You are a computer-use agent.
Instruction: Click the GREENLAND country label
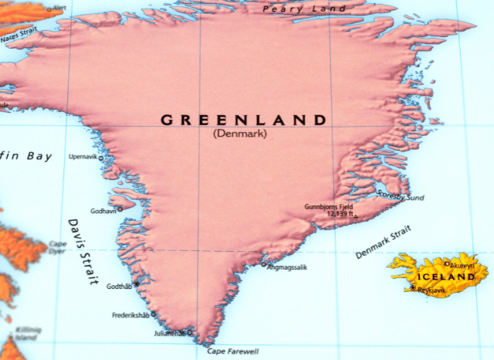pos(243,120)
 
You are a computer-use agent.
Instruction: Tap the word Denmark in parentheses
pos(239,134)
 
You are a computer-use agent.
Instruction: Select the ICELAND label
pos(445,277)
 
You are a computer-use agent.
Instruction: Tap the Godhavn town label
pos(103,210)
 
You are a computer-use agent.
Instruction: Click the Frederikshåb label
pos(130,315)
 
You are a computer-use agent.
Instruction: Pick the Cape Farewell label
pos(233,352)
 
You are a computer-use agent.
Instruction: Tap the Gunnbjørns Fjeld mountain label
pos(329,207)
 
